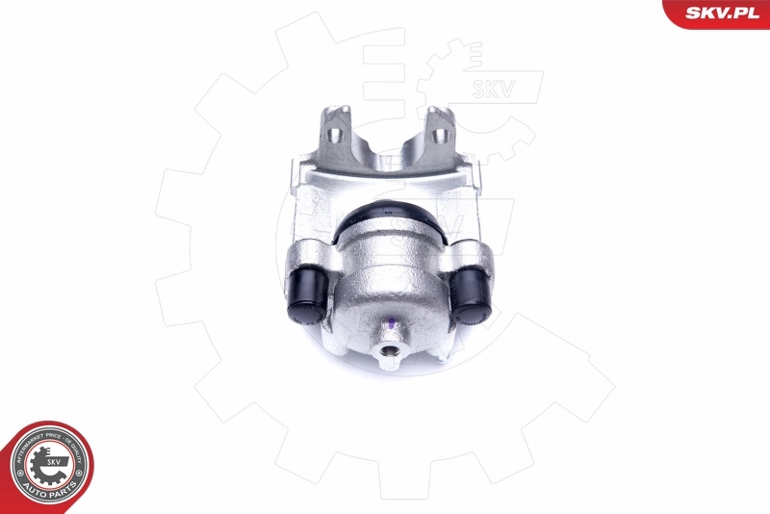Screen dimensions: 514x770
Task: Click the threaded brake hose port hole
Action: point(390,354)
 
